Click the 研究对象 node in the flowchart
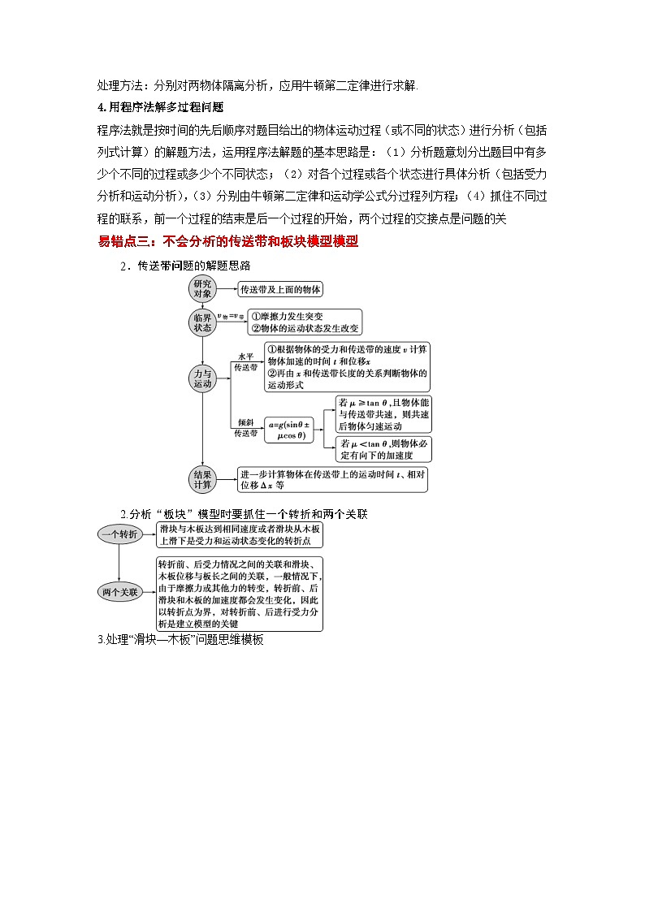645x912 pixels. tap(202, 288)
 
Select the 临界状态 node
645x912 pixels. tap(202, 322)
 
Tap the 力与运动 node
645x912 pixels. tap(202, 378)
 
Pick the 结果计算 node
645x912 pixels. tap(202, 479)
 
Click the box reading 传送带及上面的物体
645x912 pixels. tap(280, 289)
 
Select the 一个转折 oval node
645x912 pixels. tap(120, 534)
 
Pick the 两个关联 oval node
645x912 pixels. tap(120, 592)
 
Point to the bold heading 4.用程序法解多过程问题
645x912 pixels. tap(160, 106)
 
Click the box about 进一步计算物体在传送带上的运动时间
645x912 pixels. tap(332, 479)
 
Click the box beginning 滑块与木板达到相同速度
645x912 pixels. tap(240, 534)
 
